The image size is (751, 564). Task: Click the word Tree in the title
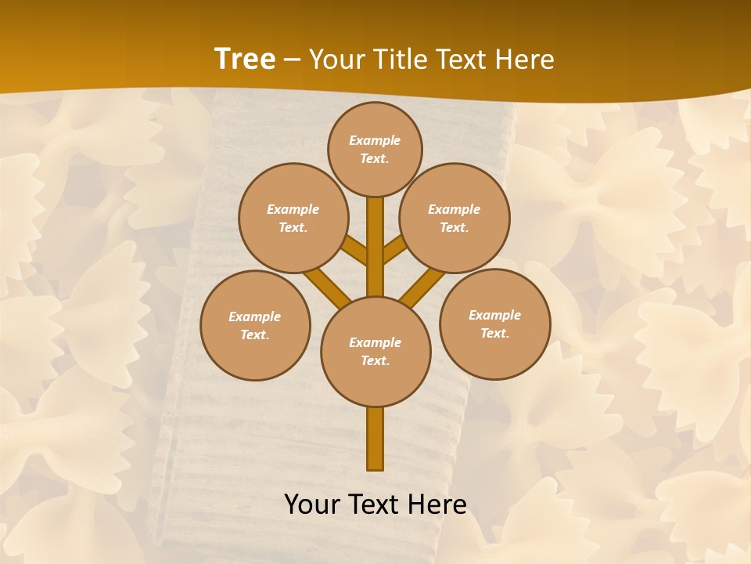pos(245,59)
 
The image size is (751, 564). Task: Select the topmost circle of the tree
pos(375,149)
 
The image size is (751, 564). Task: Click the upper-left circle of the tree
pos(293,218)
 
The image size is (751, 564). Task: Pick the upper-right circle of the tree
pos(455,218)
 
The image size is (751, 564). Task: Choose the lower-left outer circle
pos(255,325)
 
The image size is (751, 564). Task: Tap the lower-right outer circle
pos(495,324)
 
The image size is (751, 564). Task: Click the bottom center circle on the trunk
pos(375,351)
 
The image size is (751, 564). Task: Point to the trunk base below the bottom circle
pos(375,439)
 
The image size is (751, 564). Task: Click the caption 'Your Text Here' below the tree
pos(375,504)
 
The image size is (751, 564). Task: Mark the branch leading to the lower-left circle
pos(327,287)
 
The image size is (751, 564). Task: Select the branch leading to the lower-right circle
pos(422,287)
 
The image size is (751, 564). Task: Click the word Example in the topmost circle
pos(375,140)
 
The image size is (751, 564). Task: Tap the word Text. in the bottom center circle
pos(375,360)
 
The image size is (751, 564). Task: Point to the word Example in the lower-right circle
pos(494,315)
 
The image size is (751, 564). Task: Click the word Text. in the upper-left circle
pos(293,227)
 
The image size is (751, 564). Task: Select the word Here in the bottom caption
pos(439,504)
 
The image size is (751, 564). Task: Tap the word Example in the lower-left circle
pos(254,316)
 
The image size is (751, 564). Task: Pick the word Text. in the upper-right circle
pos(454,227)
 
